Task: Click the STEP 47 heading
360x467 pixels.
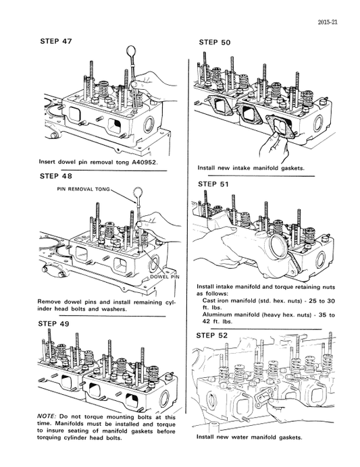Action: (59, 41)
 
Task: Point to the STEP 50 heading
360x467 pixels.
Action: (215, 43)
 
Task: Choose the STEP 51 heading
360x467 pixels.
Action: (215, 184)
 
